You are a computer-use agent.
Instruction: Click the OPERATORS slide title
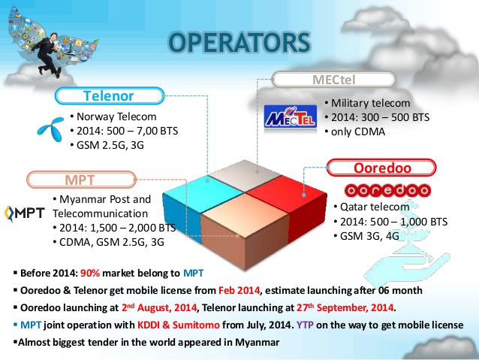(237, 43)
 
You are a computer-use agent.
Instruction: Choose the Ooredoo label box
(383, 168)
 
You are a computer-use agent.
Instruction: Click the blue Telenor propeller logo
(49, 129)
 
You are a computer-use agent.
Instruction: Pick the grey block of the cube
(233, 173)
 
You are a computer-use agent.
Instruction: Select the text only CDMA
(357, 132)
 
